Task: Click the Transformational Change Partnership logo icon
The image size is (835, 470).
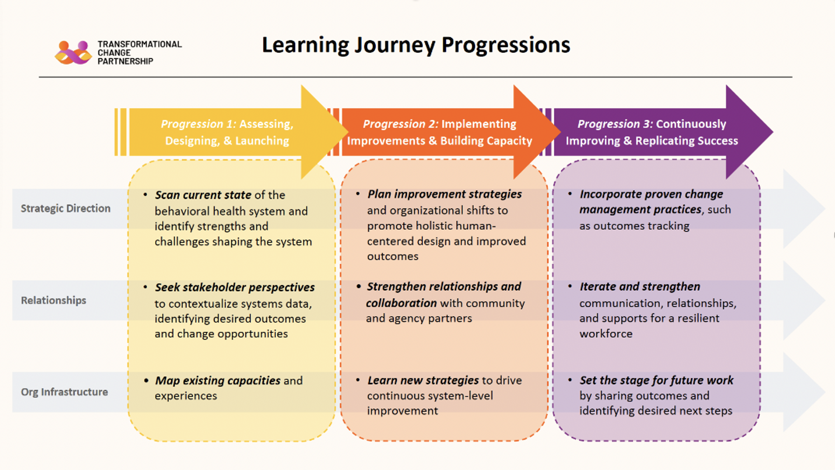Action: point(73,53)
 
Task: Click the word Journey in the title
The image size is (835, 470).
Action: point(395,46)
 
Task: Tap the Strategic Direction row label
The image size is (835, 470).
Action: point(66,208)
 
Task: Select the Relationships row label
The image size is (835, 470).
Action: point(54,300)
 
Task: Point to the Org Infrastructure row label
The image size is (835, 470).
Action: point(64,392)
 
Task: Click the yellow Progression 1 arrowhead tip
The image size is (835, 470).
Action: point(348,132)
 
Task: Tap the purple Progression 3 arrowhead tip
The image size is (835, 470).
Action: point(773,132)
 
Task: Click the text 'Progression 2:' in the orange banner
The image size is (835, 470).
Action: point(401,124)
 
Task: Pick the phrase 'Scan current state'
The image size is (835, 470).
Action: point(203,195)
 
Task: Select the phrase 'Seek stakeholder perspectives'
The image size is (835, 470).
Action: point(235,287)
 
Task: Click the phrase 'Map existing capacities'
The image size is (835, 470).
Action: point(218,381)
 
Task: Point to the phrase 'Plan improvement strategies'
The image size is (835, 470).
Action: point(445,194)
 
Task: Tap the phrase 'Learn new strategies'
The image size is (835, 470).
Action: point(423,380)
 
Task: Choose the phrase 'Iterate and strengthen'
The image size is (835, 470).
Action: point(640,287)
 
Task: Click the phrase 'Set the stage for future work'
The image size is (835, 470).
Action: point(657,380)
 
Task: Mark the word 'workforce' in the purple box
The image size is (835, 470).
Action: point(606,334)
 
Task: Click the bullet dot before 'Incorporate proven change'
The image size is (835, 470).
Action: point(570,194)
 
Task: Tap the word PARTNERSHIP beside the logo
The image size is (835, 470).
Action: point(125,61)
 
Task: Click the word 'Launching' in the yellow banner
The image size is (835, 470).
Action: point(262,141)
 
